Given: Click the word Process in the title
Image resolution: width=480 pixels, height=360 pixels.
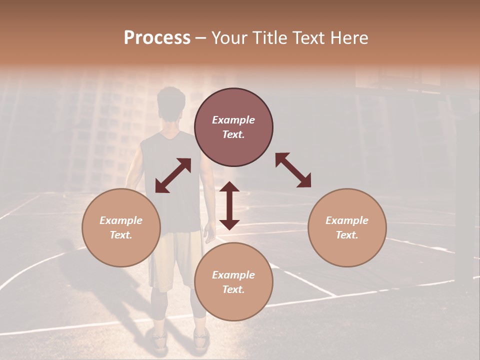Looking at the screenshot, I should (x=157, y=38).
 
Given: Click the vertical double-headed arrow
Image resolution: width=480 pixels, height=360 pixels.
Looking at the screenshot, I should (x=229, y=205).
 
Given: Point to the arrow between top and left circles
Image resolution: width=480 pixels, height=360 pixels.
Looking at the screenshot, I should (x=173, y=175).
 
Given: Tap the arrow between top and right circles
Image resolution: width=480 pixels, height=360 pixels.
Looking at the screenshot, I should (x=293, y=170).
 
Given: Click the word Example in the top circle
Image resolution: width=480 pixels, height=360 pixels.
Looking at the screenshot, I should (x=233, y=120).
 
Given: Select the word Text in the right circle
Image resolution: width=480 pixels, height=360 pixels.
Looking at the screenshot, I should (x=346, y=235).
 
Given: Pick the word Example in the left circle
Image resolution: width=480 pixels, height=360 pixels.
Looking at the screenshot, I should (x=121, y=220).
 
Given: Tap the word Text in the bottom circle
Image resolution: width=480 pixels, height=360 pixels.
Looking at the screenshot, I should (x=233, y=289).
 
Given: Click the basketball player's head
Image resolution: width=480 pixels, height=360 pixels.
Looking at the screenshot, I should (x=171, y=104).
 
